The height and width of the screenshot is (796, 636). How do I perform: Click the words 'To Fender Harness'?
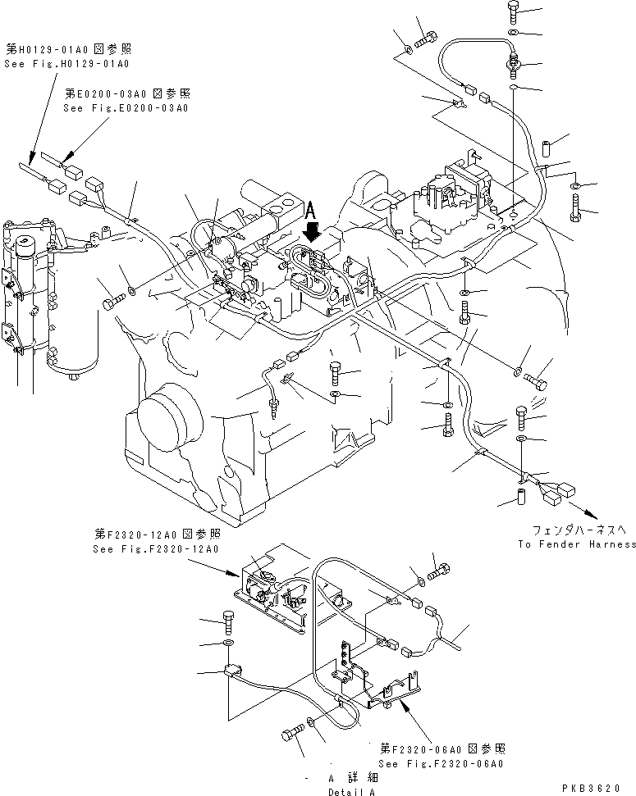click(577, 544)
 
